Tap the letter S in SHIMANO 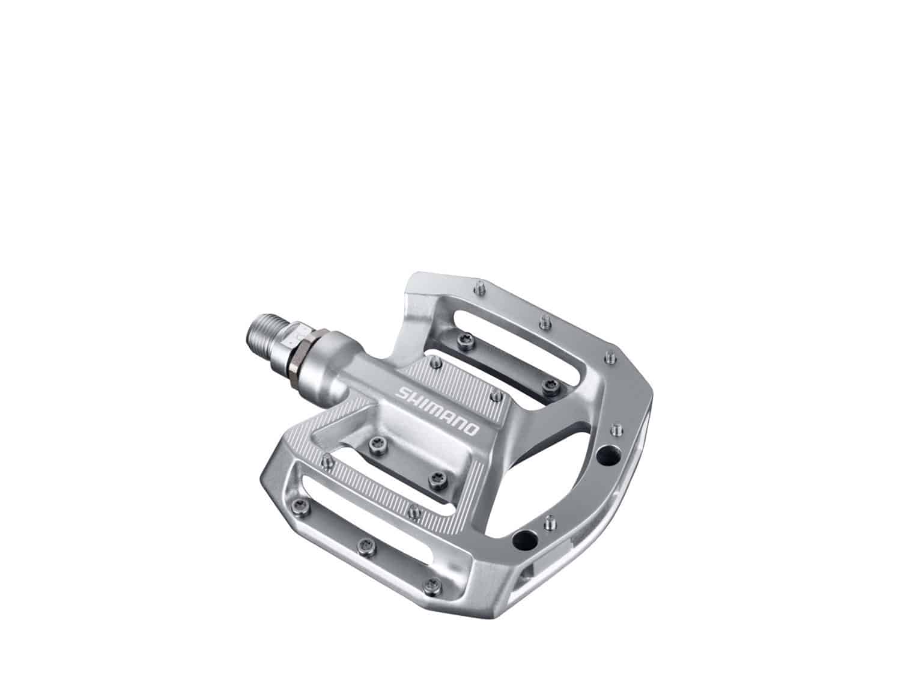pyautogui.click(x=401, y=392)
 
